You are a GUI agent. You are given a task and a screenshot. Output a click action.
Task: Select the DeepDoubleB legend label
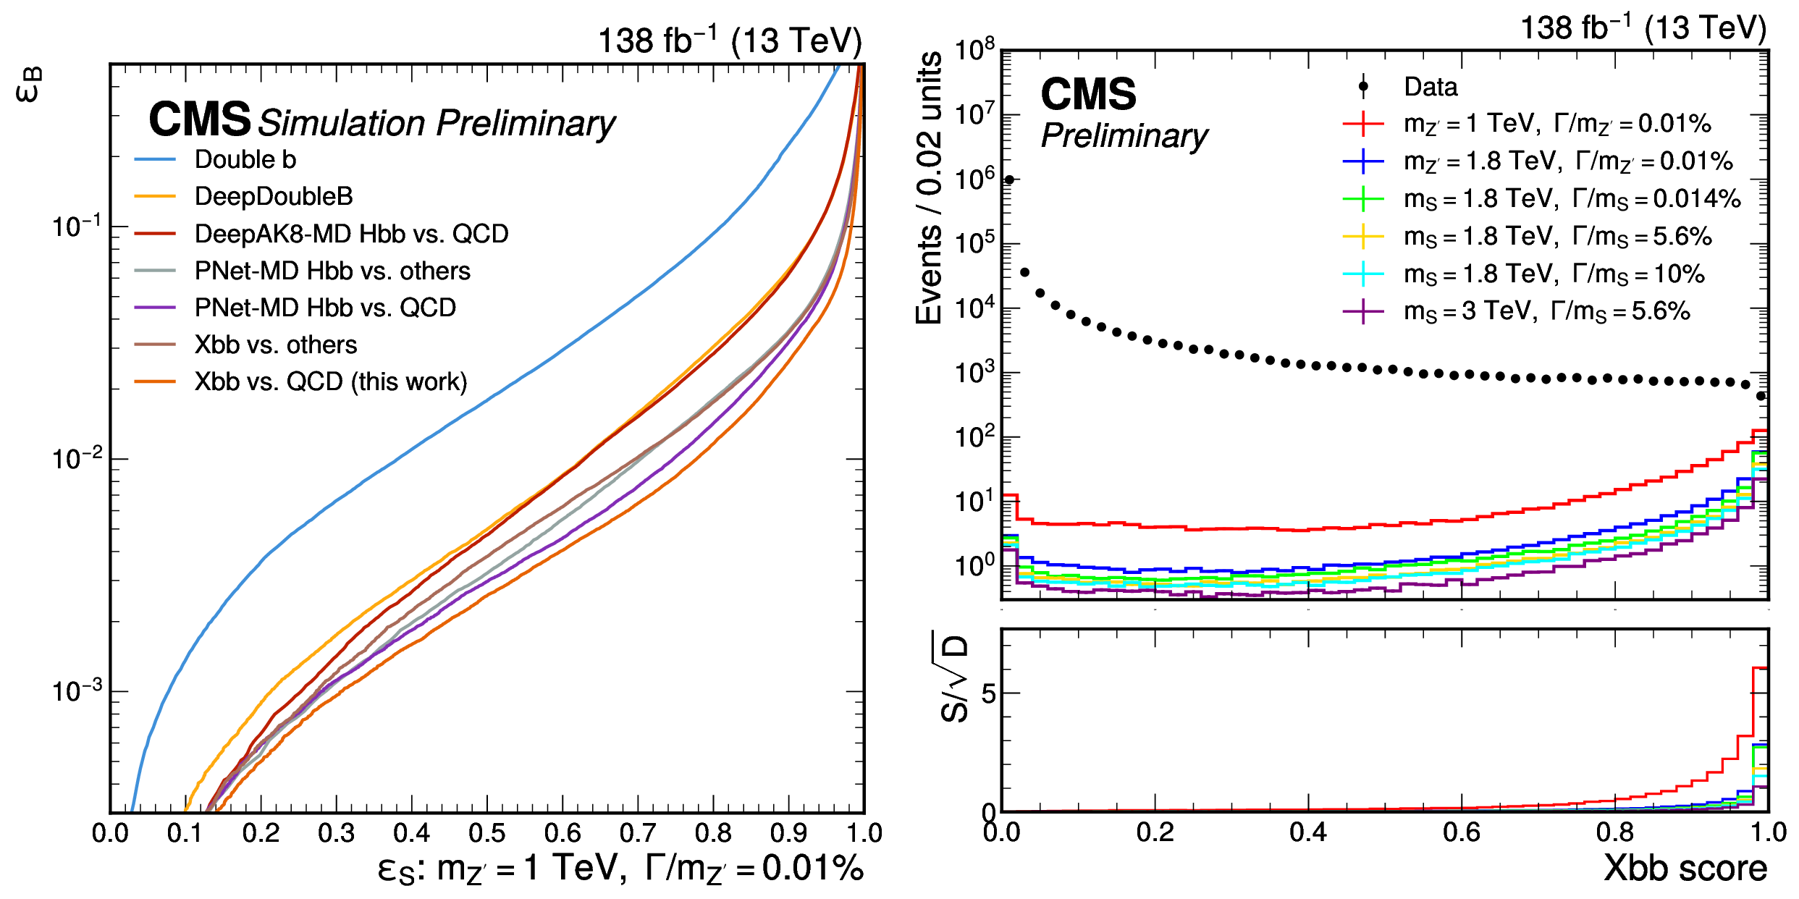click(x=273, y=197)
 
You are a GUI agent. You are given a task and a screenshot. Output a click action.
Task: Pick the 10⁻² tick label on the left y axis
click(x=78, y=459)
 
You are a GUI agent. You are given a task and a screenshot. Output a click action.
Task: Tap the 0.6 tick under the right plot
click(x=1462, y=833)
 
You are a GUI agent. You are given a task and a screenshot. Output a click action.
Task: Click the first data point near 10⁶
click(x=1009, y=180)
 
